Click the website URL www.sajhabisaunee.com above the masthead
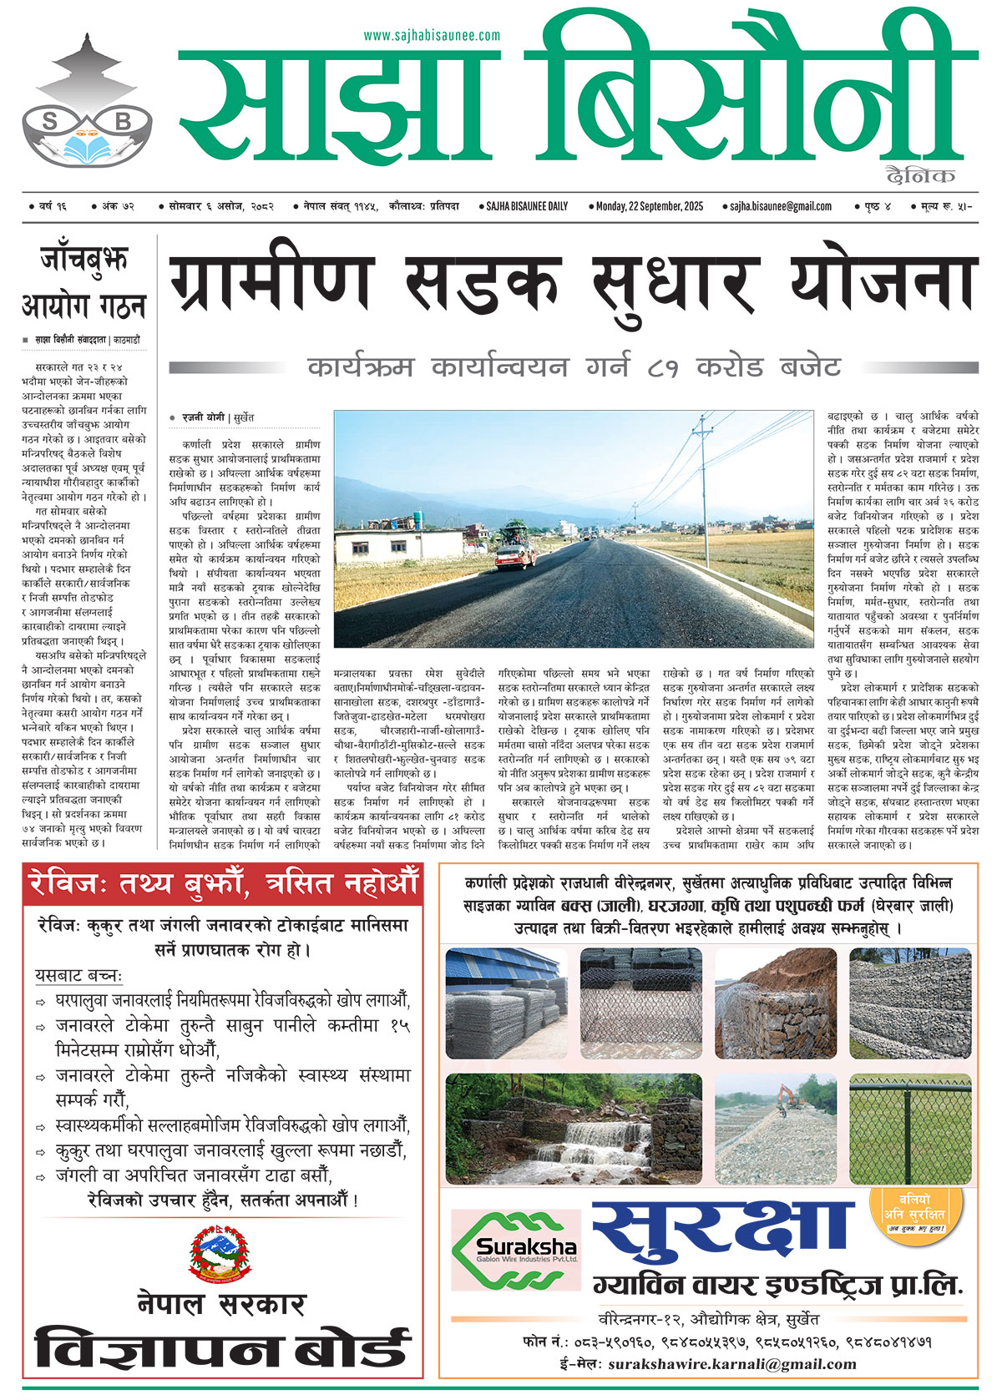coord(432,36)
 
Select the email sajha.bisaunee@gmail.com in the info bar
coord(780,206)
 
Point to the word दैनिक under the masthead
coord(921,175)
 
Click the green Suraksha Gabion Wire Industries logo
coord(515,1249)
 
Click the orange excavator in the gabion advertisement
coord(787,1093)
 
